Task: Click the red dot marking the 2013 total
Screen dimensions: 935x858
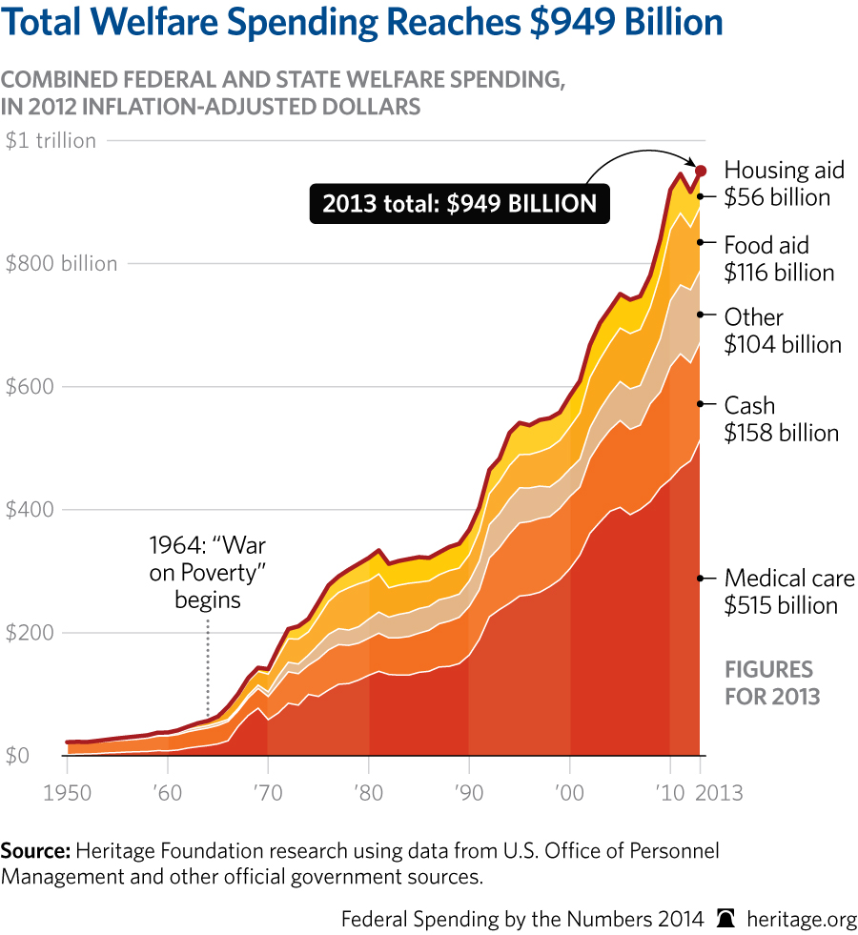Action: pyautogui.click(x=701, y=171)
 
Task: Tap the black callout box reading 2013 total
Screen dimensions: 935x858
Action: pyautogui.click(x=459, y=203)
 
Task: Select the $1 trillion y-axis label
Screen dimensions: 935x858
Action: pyautogui.click(x=51, y=141)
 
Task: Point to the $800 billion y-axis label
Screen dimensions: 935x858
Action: pyautogui.click(x=61, y=264)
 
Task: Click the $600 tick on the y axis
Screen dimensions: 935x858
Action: pyautogui.click(x=30, y=387)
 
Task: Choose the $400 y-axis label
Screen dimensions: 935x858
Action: pyautogui.click(x=30, y=510)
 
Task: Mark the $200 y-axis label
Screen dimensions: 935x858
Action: pyautogui.click(x=30, y=633)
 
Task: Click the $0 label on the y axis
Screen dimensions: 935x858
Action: pyautogui.click(x=18, y=756)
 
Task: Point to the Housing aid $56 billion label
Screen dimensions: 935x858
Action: pyautogui.click(x=784, y=184)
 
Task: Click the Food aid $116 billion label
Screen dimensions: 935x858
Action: pyautogui.click(x=779, y=258)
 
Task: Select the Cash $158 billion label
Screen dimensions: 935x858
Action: pyautogui.click(x=781, y=419)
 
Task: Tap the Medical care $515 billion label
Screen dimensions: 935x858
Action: pyautogui.click(x=789, y=592)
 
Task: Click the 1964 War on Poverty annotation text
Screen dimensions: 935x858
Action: pyautogui.click(x=207, y=573)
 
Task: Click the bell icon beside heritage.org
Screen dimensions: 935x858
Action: pyautogui.click(x=726, y=918)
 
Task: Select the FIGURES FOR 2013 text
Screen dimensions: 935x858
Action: pyautogui.click(x=771, y=681)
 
